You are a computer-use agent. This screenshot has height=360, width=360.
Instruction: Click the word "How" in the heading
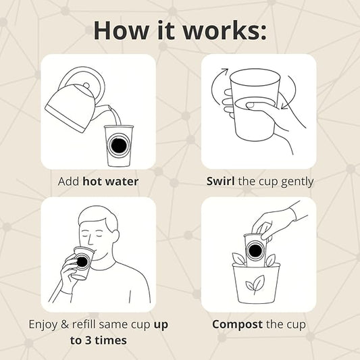(121, 30)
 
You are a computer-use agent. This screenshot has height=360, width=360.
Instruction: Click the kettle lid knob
(86, 85)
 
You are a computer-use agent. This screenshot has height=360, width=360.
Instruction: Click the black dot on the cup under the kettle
(118, 145)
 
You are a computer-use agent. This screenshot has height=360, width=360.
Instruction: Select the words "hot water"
(111, 182)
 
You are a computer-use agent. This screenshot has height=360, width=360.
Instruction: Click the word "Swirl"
(220, 181)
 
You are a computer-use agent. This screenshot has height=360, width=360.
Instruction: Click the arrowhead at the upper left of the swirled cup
(225, 71)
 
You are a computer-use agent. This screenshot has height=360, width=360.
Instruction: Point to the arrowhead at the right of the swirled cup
(284, 106)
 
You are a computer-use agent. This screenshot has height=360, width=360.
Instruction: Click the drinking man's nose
(91, 241)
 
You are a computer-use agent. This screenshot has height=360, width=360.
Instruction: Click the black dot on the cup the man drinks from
(82, 262)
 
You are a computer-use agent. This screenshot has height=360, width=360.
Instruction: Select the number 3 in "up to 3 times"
(88, 340)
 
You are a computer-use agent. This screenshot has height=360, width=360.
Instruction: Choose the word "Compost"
(237, 325)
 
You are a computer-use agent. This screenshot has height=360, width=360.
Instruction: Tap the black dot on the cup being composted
(255, 251)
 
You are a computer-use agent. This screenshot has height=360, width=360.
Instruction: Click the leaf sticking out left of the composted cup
(239, 259)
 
